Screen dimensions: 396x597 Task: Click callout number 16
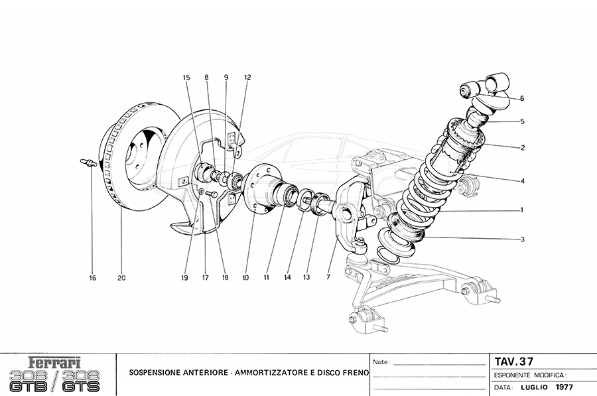(93, 278)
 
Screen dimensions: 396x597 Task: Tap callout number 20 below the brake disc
(122, 278)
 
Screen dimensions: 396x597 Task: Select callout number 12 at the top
(247, 77)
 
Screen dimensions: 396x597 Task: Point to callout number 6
(522, 98)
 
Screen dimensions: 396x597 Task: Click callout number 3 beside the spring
(522, 239)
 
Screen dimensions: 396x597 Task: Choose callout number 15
(187, 77)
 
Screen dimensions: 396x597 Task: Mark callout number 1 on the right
(522, 210)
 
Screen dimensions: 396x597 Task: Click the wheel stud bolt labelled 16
(87, 163)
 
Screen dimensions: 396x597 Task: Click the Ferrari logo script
(55, 363)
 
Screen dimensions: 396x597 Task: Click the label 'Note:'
(381, 363)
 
